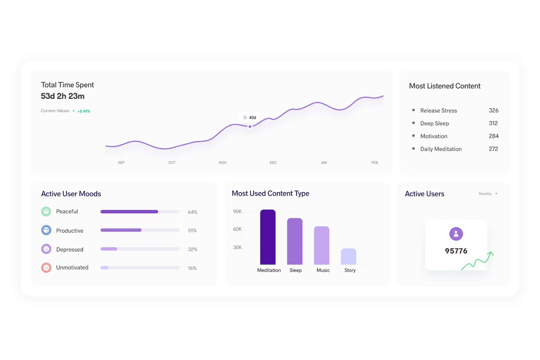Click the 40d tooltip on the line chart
coord(250,117)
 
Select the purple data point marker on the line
coord(250,127)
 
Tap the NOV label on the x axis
coord(223,163)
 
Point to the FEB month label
coord(374,163)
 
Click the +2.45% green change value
coord(84,111)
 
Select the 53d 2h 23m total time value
coord(62,96)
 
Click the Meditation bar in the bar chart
coord(267,237)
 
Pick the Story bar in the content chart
coord(348,256)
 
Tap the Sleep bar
coord(295,241)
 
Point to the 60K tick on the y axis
coord(237,229)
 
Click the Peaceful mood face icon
coord(46,212)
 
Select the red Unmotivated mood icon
coord(46,268)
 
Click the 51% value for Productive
coord(192,231)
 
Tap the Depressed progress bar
coord(140,249)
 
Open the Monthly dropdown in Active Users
coord(488,194)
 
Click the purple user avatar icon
coord(456,234)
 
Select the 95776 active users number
coord(456,251)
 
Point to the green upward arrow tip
coord(491,253)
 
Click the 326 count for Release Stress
coord(493,111)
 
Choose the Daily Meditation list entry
coord(441,149)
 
